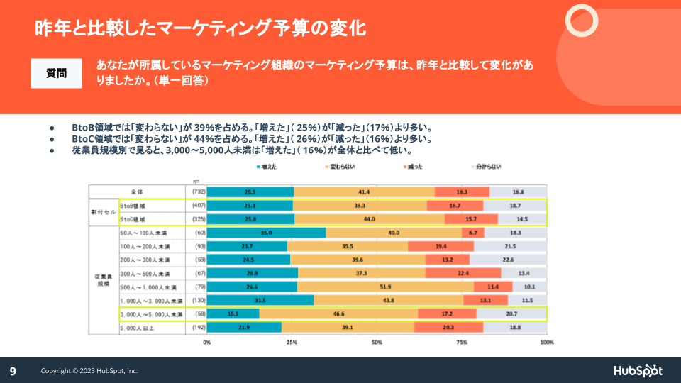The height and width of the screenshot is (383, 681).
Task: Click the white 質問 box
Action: (x=57, y=73)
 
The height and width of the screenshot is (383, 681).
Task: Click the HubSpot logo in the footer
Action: (x=638, y=370)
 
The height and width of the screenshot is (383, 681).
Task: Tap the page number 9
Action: (x=13, y=371)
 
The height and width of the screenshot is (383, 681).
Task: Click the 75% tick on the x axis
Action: (x=462, y=343)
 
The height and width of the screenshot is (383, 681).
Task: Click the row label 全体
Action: (x=138, y=191)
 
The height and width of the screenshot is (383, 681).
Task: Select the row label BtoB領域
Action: (x=133, y=206)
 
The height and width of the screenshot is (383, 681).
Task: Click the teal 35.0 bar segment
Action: (x=266, y=233)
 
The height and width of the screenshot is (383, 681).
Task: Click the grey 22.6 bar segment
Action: (x=508, y=260)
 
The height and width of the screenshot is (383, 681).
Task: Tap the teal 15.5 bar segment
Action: (x=233, y=313)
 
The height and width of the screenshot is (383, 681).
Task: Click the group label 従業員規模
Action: (x=104, y=279)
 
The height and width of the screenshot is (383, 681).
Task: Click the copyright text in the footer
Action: (x=89, y=371)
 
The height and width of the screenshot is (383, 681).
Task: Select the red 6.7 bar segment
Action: (x=472, y=233)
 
